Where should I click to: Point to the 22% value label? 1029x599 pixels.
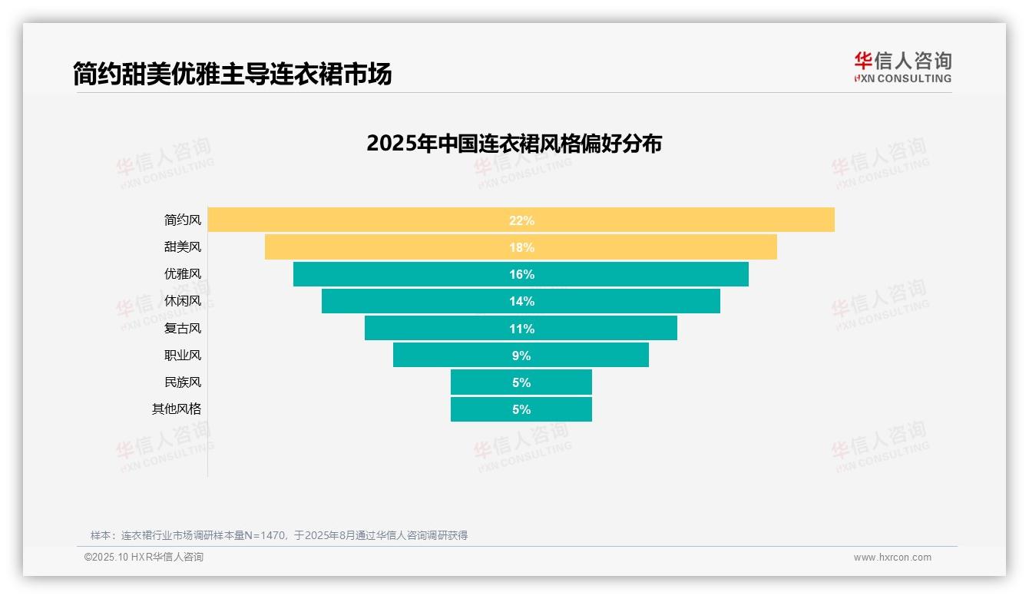tap(521, 220)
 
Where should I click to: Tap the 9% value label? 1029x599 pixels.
tap(521, 356)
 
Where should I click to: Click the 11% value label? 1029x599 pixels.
tap(521, 329)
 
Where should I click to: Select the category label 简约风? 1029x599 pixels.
tap(183, 220)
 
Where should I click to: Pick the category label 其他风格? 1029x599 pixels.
tap(177, 409)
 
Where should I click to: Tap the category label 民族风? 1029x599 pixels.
tap(183, 382)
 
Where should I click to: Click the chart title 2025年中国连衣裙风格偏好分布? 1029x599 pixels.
tap(514, 144)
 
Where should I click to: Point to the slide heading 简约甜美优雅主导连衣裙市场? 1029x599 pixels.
tap(233, 74)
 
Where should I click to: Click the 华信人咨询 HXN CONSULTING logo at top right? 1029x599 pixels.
tap(902, 68)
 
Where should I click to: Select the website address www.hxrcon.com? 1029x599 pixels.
tap(892, 558)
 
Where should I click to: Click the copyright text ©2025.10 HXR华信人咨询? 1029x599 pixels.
tap(144, 558)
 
